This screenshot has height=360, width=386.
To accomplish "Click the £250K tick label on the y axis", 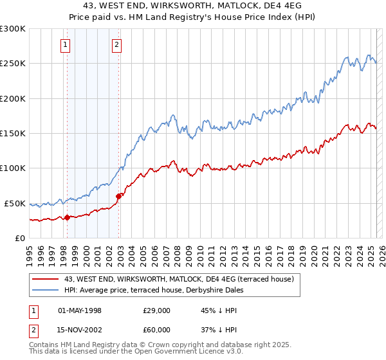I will click(13, 64).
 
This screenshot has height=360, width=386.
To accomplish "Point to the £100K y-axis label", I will click(13, 168).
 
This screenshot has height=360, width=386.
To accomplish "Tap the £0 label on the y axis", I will click(21, 238).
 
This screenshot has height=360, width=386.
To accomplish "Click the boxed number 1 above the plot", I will click(66, 45).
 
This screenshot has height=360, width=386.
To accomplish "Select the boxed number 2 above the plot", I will click(116, 45).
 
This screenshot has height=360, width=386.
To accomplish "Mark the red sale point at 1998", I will click(67, 217).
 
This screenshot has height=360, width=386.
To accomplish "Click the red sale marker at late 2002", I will click(118, 196).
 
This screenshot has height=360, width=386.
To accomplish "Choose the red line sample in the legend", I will click(46, 279).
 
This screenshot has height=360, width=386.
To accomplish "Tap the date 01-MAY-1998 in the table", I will click(80, 310).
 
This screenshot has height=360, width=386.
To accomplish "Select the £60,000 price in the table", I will click(157, 330).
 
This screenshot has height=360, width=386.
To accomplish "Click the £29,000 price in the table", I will click(157, 310).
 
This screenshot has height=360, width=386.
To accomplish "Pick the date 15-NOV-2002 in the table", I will click(80, 330).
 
